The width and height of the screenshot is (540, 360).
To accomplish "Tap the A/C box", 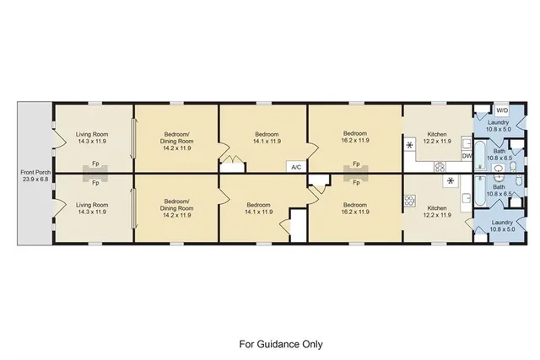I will [296, 166].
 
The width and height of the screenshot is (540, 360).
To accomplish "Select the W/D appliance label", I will [501, 111].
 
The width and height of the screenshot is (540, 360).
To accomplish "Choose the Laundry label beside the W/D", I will [498, 122].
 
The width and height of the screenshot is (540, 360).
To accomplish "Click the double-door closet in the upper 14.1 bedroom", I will [228, 157].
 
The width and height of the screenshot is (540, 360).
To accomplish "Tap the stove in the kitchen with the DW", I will [440, 168].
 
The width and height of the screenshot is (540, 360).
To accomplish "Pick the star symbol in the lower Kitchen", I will [451, 180].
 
